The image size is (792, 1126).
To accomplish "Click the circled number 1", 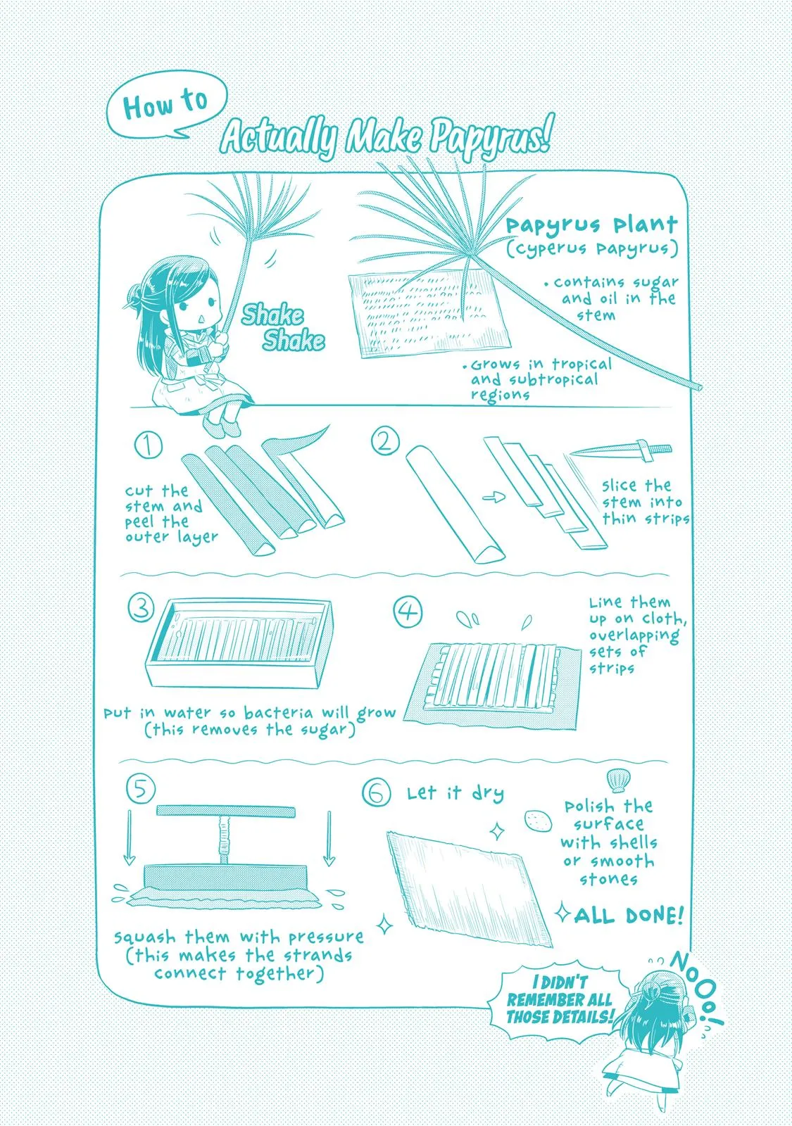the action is click(149, 445).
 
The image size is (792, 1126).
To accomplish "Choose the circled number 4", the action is click(408, 612).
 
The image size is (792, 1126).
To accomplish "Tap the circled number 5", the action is click(140, 789).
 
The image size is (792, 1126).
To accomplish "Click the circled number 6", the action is click(376, 792).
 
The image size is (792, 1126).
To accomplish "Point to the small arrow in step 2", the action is click(494, 498).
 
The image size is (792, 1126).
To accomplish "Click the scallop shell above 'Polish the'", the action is click(616, 780).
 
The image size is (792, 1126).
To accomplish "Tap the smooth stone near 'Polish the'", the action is click(538, 821).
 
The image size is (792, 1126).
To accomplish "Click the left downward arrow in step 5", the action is click(130, 837).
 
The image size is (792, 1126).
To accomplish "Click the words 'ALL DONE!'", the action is click(629, 916).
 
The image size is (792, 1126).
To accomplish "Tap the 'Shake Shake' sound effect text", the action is click(283, 327).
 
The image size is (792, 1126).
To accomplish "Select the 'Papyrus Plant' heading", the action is click(592, 224).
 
